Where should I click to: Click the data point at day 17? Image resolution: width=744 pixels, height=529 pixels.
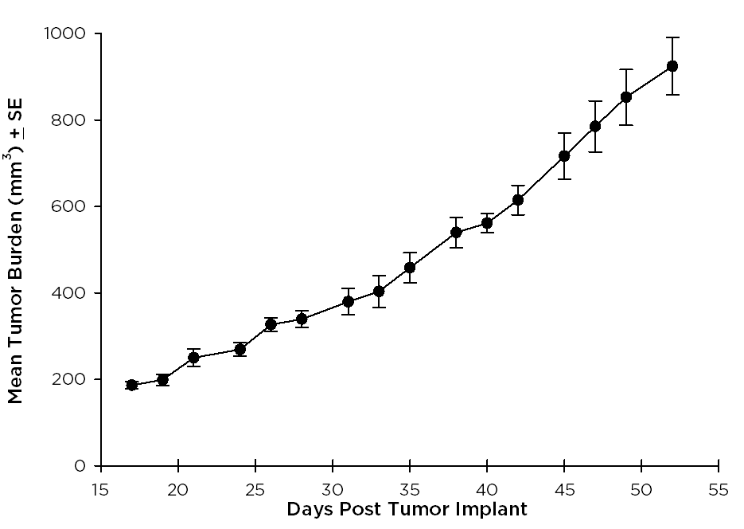pyautogui.click(x=132, y=385)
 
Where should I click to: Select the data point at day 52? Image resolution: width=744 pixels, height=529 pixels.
pyautogui.click(x=672, y=66)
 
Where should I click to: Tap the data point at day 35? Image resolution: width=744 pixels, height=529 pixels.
pyautogui.click(x=410, y=267)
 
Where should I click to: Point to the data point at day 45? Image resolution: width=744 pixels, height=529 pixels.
pyautogui.click(x=564, y=155)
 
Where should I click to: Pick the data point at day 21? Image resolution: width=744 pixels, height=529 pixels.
pyautogui.click(x=193, y=358)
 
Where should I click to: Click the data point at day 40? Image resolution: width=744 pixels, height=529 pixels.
pyautogui.click(x=487, y=223)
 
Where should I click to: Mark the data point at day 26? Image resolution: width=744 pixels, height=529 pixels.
pyautogui.click(x=271, y=324)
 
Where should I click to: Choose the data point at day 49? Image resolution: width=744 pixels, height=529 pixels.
pyautogui.click(x=626, y=97)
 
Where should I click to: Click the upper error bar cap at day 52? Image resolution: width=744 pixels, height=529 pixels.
pyautogui.click(x=672, y=37)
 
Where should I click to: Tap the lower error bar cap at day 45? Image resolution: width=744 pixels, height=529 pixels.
pyautogui.click(x=564, y=178)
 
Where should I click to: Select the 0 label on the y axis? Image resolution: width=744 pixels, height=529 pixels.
pyautogui.click(x=80, y=465)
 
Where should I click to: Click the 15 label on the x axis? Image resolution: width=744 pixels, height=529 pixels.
pyautogui.click(x=101, y=489)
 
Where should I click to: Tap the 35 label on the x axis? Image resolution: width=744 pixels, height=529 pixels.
pyautogui.click(x=410, y=489)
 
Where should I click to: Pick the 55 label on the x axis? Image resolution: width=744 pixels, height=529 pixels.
pyautogui.click(x=719, y=489)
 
